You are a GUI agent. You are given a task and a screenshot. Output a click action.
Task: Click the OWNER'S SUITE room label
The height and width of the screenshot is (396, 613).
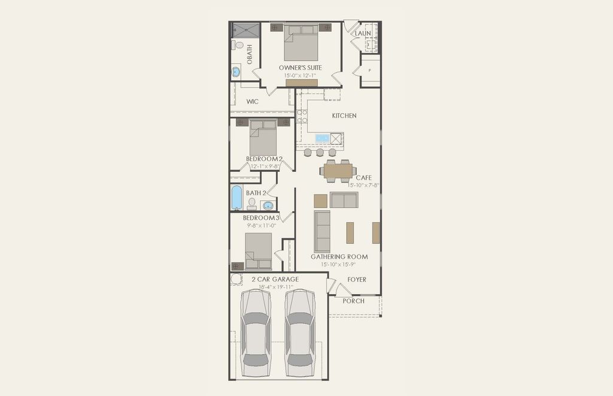tap(301, 68)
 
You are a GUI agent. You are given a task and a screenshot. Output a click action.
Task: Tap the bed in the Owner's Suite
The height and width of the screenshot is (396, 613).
tap(301, 43)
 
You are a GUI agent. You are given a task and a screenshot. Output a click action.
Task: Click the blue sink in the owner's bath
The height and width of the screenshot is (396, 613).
tap(236, 72)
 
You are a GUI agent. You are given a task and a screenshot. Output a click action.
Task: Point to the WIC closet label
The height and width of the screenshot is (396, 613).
tap(253, 102)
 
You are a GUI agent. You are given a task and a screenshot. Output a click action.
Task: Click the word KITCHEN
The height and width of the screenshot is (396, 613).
tap(344, 116)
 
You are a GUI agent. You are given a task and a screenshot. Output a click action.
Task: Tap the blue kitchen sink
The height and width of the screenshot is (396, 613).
tap(322, 138)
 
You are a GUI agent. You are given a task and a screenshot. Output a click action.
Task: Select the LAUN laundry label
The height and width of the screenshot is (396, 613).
tap(363, 34)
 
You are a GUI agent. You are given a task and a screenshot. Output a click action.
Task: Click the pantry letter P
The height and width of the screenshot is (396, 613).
tap(370, 71)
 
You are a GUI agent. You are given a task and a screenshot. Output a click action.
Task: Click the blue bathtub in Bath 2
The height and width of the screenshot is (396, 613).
tap(236, 197)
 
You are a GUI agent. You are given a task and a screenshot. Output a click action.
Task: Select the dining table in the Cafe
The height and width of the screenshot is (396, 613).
tap(338, 171)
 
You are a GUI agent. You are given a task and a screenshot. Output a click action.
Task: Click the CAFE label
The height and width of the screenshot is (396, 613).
tap(364, 178)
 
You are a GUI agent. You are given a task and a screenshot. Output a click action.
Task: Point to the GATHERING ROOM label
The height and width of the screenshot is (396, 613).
tap(338, 257)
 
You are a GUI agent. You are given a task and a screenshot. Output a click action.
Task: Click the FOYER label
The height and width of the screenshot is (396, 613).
tap(357, 280)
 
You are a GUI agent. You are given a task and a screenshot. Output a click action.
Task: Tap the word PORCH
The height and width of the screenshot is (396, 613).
tap(353, 301)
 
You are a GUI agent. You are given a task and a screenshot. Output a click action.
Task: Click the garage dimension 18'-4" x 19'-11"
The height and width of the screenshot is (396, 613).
tap(275, 288)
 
